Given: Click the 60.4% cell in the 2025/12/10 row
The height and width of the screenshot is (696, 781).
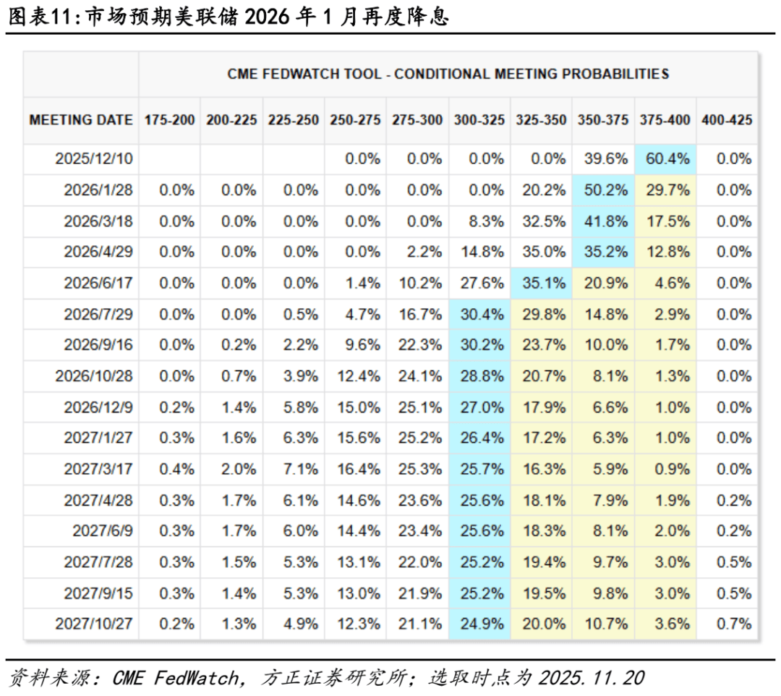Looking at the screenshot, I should click(667, 159).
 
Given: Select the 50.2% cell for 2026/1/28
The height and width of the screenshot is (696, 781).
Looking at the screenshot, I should click(605, 190).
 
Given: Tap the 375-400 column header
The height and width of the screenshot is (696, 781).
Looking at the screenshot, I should click(665, 120).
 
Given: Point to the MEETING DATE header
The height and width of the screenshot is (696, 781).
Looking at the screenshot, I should click(81, 120).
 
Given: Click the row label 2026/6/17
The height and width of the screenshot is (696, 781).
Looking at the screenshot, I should click(98, 283).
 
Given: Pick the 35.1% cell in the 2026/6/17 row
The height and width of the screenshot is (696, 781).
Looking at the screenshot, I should click(543, 283).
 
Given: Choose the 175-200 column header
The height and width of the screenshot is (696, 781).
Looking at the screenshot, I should click(170, 120).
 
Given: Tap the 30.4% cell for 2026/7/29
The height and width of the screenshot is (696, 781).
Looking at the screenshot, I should click(482, 314).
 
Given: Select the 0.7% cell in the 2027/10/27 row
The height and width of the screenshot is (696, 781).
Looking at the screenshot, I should click(734, 624).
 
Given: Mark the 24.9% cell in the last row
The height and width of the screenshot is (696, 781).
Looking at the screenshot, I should click(482, 624).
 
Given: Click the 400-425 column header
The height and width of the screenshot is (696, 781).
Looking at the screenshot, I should click(727, 120).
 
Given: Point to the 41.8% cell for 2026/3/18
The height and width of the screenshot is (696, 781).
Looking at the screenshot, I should click(605, 221).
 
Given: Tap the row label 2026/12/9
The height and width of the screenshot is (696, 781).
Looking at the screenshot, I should click(98, 407).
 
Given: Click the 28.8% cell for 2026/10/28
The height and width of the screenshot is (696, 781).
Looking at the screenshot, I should click(482, 376).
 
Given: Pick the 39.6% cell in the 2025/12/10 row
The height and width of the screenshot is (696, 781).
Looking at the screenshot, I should click(605, 159).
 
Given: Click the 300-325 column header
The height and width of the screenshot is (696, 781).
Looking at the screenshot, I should click(479, 120).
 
